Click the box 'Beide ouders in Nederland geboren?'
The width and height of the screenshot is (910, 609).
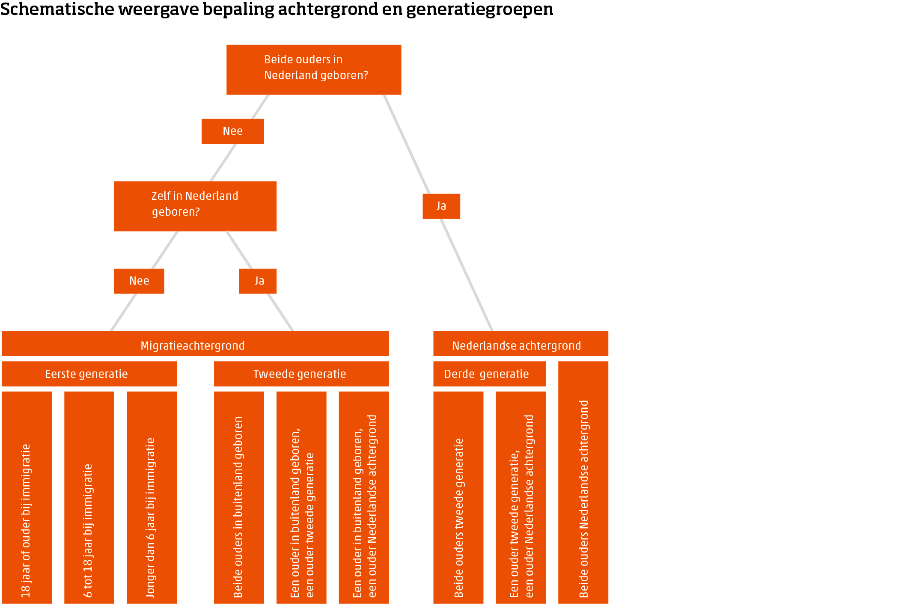pyautogui.click(x=313, y=69)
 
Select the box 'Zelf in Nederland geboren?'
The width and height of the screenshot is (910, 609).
pyautogui.click(x=195, y=206)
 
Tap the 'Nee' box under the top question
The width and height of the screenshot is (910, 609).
pyautogui.click(x=232, y=131)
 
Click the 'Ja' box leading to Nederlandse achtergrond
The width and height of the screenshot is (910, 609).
pyautogui.click(x=441, y=206)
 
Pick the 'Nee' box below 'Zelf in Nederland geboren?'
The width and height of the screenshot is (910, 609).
pyautogui.click(x=139, y=281)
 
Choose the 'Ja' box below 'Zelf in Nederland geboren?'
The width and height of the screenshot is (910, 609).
pyautogui.click(x=257, y=281)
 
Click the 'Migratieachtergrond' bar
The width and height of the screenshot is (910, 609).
pyautogui.click(x=195, y=343)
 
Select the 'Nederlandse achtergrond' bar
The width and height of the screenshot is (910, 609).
pyautogui.click(x=520, y=343)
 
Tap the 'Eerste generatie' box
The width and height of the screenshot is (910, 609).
pyautogui.click(x=89, y=374)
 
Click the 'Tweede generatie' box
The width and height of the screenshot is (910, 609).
pyautogui.click(x=301, y=374)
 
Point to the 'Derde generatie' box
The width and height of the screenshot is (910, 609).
pyautogui.click(x=489, y=374)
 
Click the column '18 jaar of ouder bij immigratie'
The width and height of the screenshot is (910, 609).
pyautogui.click(x=27, y=497)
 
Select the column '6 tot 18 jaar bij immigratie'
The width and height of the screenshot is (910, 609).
pyautogui.click(x=89, y=497)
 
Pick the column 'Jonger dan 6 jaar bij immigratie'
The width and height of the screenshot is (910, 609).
pyautogui.click(x=152, y=497)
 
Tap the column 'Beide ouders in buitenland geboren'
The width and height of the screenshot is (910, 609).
pyautogui.click(x=239, y=497)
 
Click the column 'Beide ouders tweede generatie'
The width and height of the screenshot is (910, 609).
pyautogui.click(x=458, y=497)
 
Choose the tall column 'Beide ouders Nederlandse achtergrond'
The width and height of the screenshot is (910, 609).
pyautogui.click(x=583, y=482)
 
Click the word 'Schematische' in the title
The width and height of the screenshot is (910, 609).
pyautogui.click(x=57, y=9)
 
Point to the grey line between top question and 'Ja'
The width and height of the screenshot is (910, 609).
pyautogui.click(x=407, y=144)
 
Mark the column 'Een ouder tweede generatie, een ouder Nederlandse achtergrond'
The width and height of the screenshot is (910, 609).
pyautogui.click(x=520, y=497)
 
